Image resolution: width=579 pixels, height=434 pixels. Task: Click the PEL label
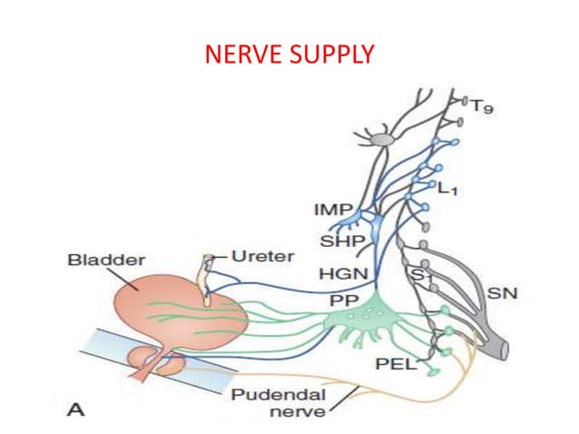pyautogui.click(x=396, y=365)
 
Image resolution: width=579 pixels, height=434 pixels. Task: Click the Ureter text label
pyautogui.click(x=264, y=256)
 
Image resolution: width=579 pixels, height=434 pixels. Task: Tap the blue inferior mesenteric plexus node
pyautogui.click(x=368, y=217)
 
